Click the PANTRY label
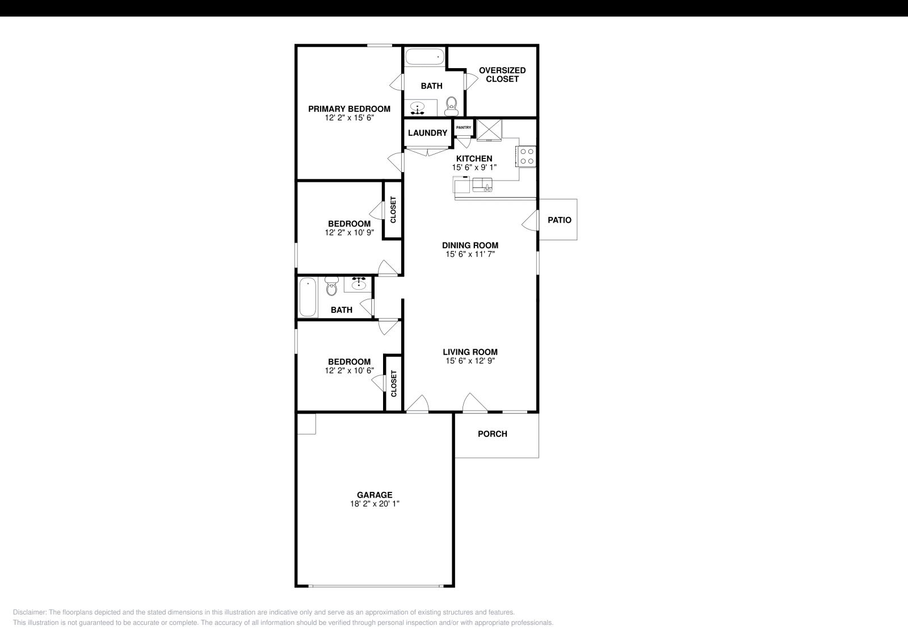coord(463,127)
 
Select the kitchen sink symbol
coord(482,185)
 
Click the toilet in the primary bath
coord(452,105)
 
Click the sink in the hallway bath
coord(359,283)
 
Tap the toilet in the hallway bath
coord(331,287)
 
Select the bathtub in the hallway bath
coord(308,297)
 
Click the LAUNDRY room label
coord(427,133)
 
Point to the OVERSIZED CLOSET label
coord(502,74)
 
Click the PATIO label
coord(559,220)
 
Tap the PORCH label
coord(492,434)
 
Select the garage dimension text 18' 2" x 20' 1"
coord(375,504)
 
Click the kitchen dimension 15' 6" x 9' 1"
coord(474,168)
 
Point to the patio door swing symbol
coord(530,220)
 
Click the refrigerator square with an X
coord(489,130)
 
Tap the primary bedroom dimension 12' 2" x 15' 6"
coord(349,118)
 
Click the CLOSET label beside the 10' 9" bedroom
coord(393,210)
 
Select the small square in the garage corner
coord(306,424)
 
